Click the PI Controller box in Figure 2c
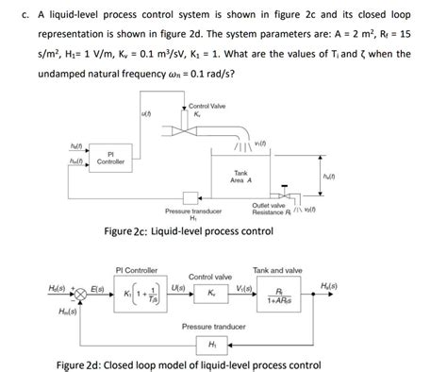tap(111, 158)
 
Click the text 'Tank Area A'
tap(242, 177)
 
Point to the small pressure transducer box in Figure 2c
tap(192, 196)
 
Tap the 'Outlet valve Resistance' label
tap(273, 209)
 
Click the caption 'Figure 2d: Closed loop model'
tap(190, 364)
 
